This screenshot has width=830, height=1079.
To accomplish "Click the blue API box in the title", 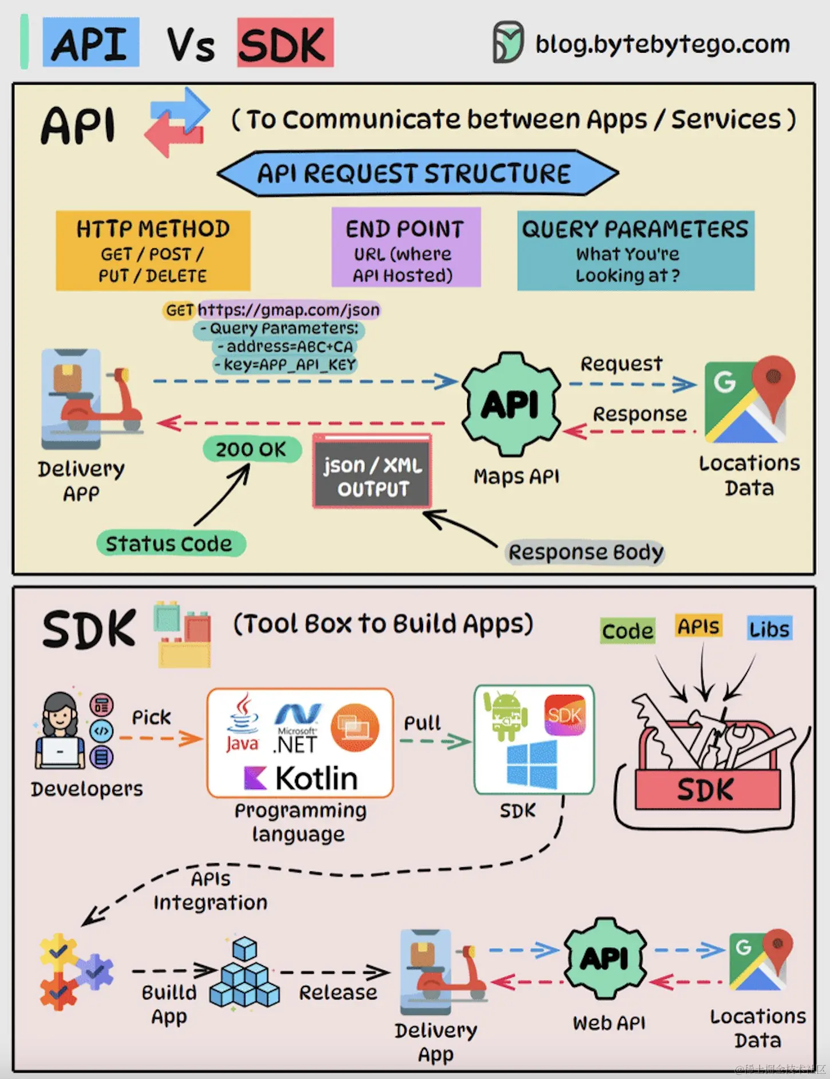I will tap(90, 43).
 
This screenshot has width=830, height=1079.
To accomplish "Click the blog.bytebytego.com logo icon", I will tap(508, 42).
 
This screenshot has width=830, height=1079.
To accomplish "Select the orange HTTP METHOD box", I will tap(153, 251).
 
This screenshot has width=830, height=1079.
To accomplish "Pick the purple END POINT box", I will tap(405, 247).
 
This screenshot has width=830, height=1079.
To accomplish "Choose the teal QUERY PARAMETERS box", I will tap(635, 251).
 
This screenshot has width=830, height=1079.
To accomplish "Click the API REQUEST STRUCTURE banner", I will tap(416, 173).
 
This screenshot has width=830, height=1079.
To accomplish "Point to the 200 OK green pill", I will tap(251, 450).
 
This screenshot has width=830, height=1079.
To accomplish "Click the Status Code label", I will tap(170, 544).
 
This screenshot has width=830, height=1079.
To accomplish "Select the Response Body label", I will tap(586, 552).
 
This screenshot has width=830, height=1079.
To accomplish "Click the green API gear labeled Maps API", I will tap(511, 404).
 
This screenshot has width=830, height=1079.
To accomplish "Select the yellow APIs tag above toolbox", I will tap(698, 626).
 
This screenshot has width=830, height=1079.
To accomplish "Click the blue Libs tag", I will tap(769, 629).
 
